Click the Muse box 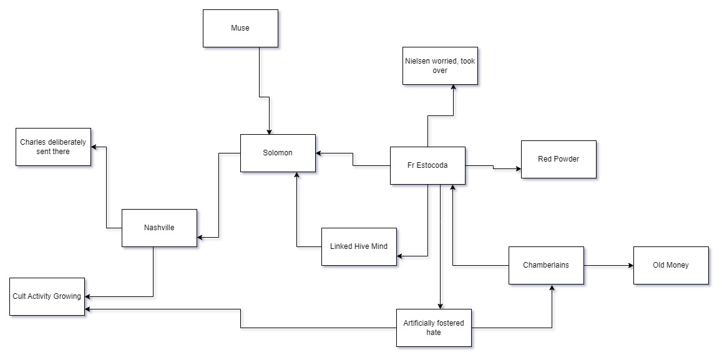point(240,28)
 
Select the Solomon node point(278,153)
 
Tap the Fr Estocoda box point(427,165)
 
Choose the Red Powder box point(559,159)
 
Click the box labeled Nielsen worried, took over point(440,66)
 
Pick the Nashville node point(159,228)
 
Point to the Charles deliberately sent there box point(53,147)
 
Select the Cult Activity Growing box point(47,296)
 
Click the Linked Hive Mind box point(359,246)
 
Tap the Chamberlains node point(546,265)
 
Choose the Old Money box point(671,265)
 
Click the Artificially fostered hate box point(434,328)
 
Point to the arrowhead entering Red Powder point(518,168)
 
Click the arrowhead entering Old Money point(630,266)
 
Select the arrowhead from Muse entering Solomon point(269,131)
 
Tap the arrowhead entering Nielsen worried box point(453,88)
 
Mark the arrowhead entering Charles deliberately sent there point(94,147)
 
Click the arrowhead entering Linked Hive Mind point(400,256)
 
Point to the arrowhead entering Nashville point(200,237)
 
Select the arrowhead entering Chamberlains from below point(552,288)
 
